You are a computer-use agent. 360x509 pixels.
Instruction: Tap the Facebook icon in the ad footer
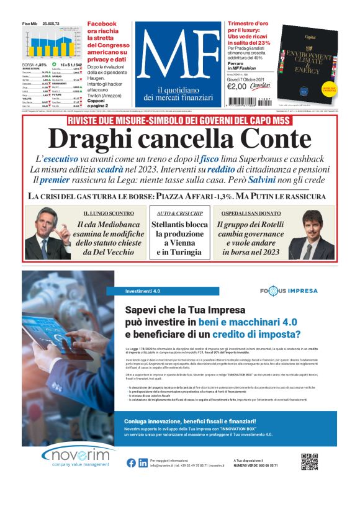point(132,462)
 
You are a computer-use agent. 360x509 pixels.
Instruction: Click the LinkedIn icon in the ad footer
point(143,462)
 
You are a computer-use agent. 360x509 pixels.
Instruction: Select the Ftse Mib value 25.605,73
point(50,23)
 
